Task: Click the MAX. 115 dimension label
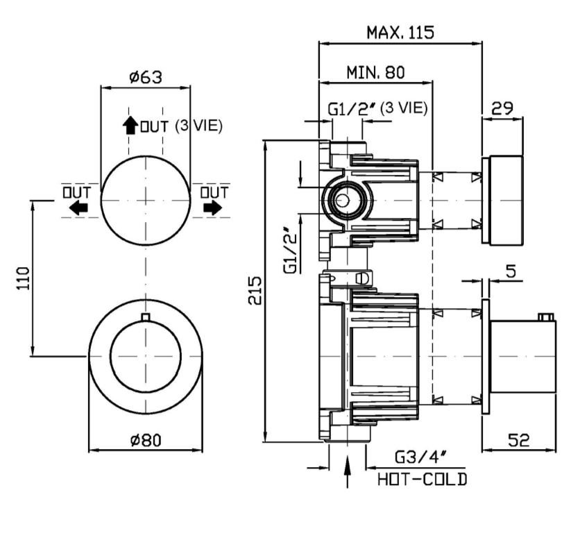tap(400, 31)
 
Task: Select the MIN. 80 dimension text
tap(375, 71)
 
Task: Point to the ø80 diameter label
tap(146, 439)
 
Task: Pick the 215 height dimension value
tap(255, 290)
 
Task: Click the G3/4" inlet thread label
tap(420, 457)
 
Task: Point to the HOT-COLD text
tap(422, 479)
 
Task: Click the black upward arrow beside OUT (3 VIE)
tap(130, 125)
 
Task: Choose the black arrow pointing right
tap(213, 207)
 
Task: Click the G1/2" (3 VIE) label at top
tap(377, 108)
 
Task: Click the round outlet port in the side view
tap(342, 201)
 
